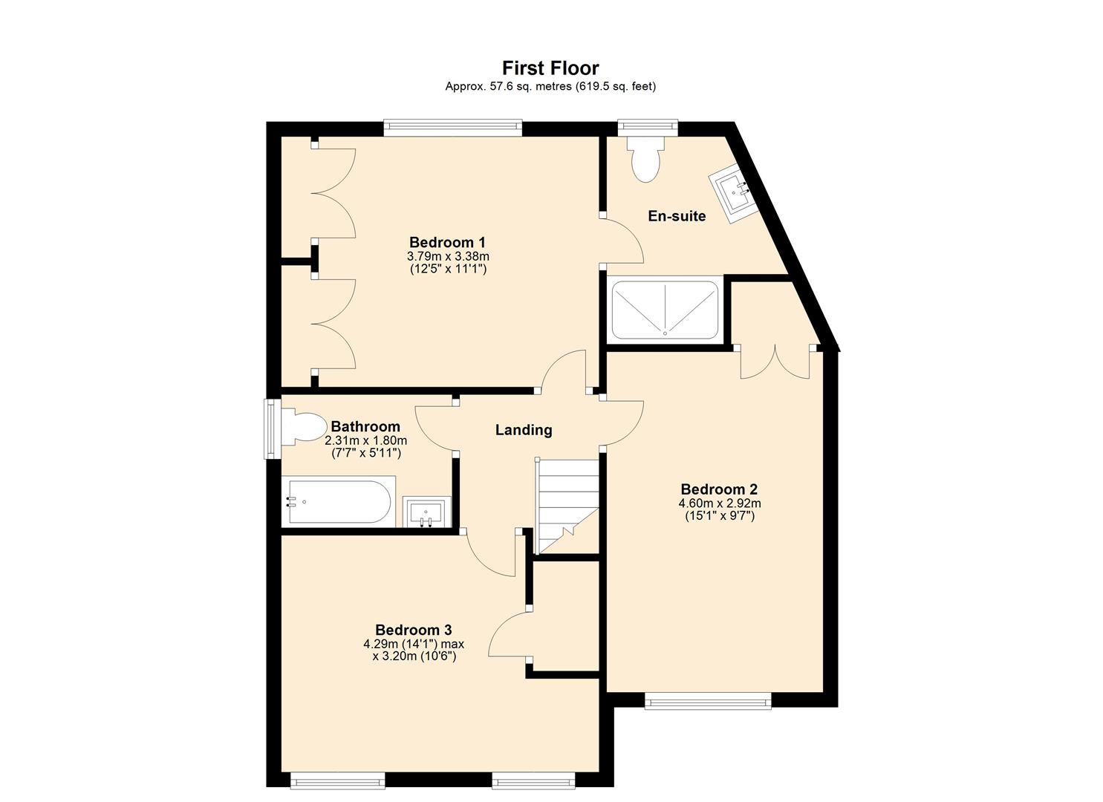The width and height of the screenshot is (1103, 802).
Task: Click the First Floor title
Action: [550, 68]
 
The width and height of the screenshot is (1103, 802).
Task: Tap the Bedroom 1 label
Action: [447, 242]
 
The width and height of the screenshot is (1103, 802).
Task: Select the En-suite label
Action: [677, 216]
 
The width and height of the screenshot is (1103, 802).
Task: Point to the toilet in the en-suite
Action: [644, 157]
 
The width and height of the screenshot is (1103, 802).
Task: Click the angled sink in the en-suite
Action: [735, 191]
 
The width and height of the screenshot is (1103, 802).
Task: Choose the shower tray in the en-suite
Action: [664, 310]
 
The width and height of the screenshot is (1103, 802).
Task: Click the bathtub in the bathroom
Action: [339, 502]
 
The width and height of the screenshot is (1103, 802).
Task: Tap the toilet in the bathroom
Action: [305, 428]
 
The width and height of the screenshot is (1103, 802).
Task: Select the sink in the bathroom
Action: [426, 512]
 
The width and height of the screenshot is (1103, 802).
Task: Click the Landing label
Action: [524, 430]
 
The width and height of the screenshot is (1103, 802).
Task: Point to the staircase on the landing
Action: [567, 505]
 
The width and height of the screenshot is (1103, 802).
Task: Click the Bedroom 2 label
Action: [719, 489]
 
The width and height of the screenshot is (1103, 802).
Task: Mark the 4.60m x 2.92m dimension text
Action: [719, 503]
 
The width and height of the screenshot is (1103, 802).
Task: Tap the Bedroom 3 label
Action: [414, 630]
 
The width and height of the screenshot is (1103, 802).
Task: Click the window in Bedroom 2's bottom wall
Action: [707, 700]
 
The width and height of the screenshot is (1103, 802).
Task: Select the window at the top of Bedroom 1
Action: [453, 128]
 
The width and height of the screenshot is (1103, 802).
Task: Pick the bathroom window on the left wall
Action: [273, 429]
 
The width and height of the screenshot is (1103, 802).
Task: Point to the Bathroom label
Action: [365, 427]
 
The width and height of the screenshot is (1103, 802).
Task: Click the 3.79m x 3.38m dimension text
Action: [448, 256]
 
